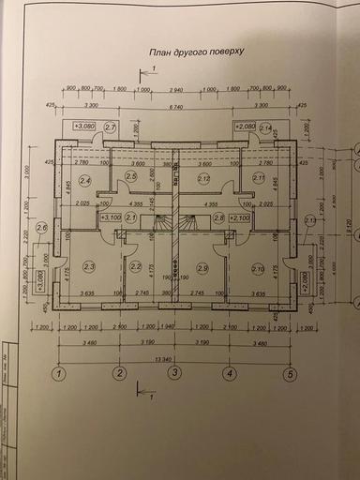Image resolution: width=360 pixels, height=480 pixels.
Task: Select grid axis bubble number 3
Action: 173,374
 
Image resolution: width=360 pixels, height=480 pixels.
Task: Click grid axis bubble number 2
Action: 120,374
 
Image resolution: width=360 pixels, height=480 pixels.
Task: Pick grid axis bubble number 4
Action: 228,374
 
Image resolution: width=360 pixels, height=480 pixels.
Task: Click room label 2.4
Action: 85,180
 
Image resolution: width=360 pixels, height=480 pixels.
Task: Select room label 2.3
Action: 89,267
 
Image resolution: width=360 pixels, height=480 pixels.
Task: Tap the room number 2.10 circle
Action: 258,268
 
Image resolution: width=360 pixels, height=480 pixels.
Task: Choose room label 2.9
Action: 203,268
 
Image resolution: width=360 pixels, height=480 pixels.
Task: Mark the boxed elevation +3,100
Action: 111,217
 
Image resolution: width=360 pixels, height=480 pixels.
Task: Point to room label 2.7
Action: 110,127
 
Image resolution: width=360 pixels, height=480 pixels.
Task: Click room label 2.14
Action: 265,127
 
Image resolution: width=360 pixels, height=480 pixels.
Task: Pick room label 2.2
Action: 135,266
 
